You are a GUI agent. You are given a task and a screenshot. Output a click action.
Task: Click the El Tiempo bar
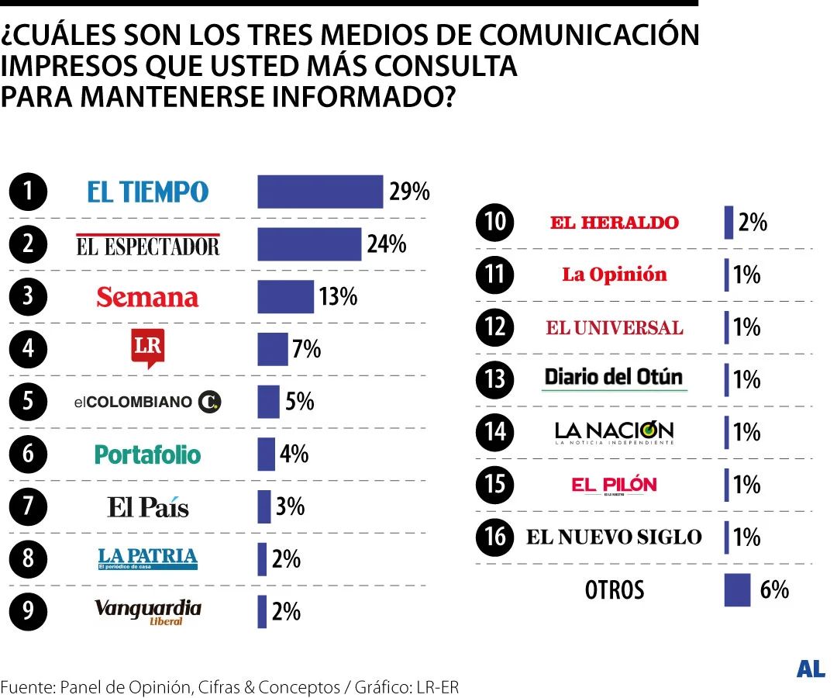[x=320, y=192]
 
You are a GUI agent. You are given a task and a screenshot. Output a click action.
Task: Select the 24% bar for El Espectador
[x=309, y=244]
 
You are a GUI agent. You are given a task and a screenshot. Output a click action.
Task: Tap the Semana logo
[x=147, y=297]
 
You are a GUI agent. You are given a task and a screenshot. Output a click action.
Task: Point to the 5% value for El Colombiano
[x=299, y=401]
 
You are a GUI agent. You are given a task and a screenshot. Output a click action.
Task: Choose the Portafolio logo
[x=147, y=454]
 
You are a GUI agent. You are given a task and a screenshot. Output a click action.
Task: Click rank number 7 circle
[x=28, y=506]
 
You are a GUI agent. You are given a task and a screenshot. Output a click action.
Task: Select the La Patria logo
[x=147, y=558]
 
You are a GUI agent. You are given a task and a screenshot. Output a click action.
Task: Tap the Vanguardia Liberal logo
[x=147, y=611]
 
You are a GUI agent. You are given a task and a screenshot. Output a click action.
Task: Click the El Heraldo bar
[x=728, y=223]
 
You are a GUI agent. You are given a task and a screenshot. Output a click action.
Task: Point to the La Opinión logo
[x=614, y=275]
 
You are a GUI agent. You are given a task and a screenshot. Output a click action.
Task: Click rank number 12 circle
[x=494, y=327]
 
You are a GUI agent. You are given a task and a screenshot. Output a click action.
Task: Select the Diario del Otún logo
[x=614, y=378]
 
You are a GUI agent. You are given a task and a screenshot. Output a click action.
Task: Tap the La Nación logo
[x=614, y=431]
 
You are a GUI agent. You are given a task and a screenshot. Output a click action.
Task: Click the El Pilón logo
[x=614, y=485]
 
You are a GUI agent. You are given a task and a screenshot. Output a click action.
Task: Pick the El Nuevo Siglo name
[x=614, y=537]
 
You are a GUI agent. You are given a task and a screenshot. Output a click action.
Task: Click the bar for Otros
[x=737, y=589]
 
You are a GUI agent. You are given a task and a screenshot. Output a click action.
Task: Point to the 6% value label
[x=774, y=589]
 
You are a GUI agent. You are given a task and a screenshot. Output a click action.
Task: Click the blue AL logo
[x=811, y=670]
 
